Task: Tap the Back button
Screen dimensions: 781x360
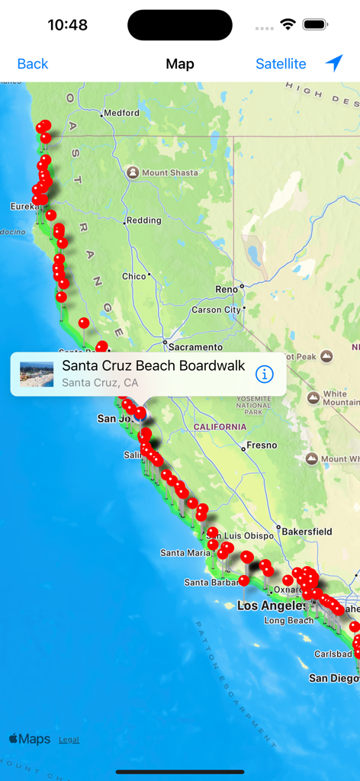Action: point(33,64)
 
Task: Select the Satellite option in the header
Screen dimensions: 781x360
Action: point(281,64)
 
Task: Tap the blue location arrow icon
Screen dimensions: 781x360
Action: point(334,63)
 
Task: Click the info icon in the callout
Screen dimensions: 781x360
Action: point(264,374)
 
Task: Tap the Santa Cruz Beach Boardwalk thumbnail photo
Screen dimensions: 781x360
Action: point(37,374)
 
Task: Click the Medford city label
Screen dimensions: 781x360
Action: point(121,113)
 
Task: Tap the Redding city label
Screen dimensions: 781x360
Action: point(143,220)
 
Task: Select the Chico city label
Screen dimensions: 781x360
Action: point(133,276)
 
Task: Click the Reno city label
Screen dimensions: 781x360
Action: point(227,289)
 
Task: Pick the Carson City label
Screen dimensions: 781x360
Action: point(216,310)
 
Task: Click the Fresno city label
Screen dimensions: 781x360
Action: point(261,445)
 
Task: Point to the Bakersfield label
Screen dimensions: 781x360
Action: point(306,530)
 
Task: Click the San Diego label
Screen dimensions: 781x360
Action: point(333,677)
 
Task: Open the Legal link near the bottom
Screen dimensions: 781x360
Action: point(69,739)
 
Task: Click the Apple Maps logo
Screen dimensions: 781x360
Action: point(30,738)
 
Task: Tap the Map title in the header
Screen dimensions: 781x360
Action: point(180,64)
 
